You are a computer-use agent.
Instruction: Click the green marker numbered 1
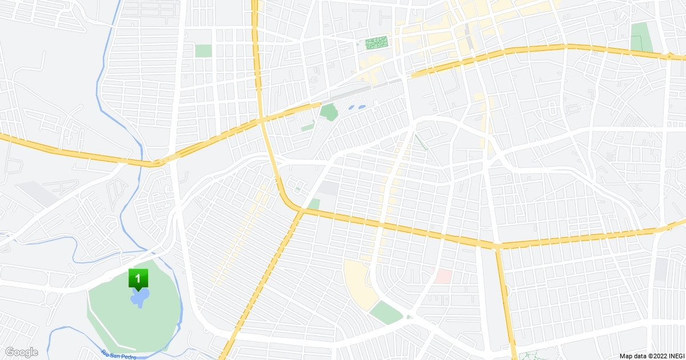coord(138,279)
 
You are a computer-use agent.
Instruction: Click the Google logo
coord(21,352)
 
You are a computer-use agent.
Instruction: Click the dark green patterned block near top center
coord(376,42)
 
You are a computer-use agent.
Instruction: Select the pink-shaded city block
coord(443,276)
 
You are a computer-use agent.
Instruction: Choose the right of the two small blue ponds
coord(361,106)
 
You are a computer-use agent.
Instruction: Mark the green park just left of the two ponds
coord(329,111)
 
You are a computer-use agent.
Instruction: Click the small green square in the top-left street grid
coord(203,50)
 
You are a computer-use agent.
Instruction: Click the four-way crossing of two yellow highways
coord(262,119)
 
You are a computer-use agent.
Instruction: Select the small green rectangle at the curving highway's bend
coord(313,203)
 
